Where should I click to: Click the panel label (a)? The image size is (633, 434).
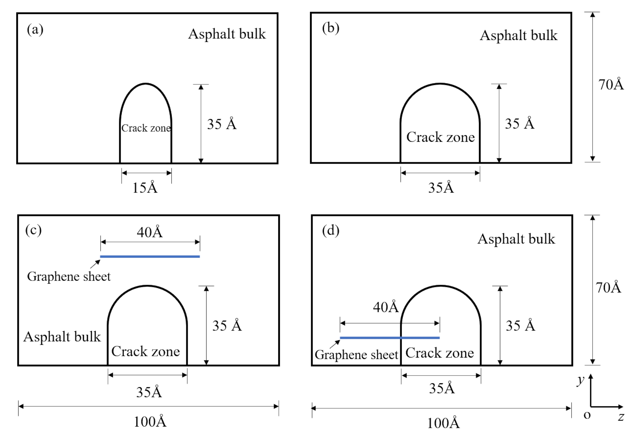click(x=35, y=29)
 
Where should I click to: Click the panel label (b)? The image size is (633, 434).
click(x=330, y=28)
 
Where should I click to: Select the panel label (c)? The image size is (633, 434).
click(x=33, y=230)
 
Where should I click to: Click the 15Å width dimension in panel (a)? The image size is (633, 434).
click(x=145, y=187)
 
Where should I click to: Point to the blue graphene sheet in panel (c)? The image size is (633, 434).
click(x=150, y=257)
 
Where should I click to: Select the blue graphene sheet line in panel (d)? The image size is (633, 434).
click(x=390, y=338)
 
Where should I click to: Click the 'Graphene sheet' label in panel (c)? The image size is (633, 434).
click(x=69, y=276)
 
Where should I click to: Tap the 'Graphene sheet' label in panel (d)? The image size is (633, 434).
click(x=356, y=355)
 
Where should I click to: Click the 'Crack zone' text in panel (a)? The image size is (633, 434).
click(x=146, y=128)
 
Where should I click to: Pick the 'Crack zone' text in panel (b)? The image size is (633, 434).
click(x=440, y=137)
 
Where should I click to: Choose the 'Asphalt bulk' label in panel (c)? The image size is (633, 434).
click(x=62, y=337)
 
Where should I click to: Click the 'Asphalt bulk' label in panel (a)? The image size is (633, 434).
click(x=227, y=34)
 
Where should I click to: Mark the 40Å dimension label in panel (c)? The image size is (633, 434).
click(x=150, y=232)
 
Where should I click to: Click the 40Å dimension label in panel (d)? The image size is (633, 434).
click(x=386, y=307)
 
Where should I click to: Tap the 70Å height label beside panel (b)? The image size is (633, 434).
click(x=611, y=84)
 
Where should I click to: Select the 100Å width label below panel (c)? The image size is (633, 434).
click(x=150, y=422)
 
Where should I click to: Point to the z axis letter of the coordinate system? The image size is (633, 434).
click(x=621, y=417)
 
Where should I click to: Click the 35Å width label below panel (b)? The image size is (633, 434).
click(x=441, y=187)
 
